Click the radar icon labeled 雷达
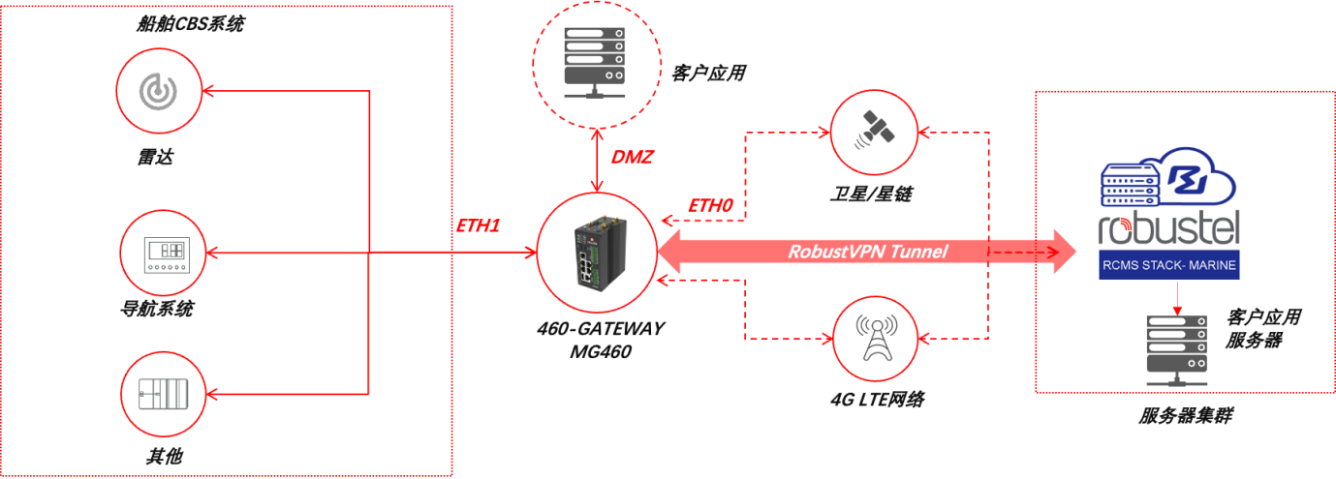(158, 90)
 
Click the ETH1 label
(478, 225)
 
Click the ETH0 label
(710, 206)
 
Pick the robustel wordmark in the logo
(1168, 230)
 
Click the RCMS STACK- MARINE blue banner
(1169, 265)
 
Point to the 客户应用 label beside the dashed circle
(707, 74)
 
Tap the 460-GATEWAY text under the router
(601, 329)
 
